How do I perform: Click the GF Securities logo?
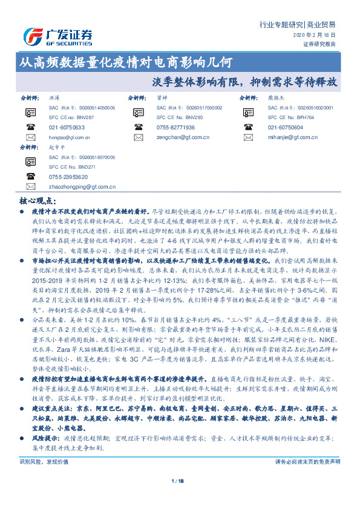tap(57, 36)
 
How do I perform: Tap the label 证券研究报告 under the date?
tap(318, 44)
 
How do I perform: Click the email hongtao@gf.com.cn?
tap(65, 138)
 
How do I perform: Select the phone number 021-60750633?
tap(67, 128)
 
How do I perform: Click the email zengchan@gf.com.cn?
tap(176, 138)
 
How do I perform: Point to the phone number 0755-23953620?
tap(68, 177)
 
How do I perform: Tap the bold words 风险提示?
tap(41, 435)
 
